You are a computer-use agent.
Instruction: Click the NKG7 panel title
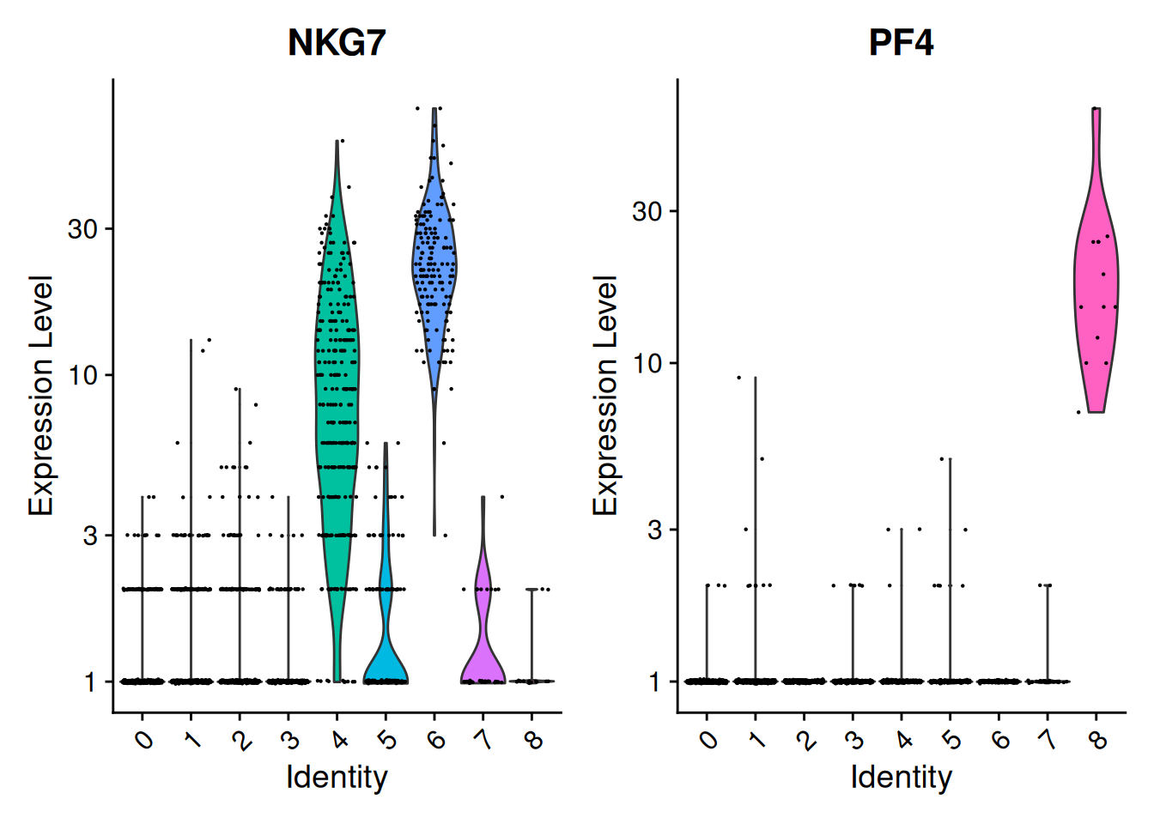[337, 43]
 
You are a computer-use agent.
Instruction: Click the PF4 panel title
[901, 43]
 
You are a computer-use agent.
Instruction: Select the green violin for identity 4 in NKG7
[337, 386]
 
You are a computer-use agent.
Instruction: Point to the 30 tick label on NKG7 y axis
[83, 229]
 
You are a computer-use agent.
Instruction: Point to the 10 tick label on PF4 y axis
[647, 363]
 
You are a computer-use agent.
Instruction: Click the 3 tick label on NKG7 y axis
[90, 536]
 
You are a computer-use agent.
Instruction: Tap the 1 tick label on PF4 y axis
[654, 682]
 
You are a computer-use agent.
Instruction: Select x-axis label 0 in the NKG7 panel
[144, 739]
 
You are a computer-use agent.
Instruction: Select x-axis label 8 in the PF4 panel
[1099, 739]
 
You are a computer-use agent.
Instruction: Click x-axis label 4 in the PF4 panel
[904, 739]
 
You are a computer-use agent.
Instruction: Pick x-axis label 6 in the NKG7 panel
[437, 739]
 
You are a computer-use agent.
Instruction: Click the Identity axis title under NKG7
[337, 778]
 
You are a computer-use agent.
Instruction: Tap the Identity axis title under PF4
[901, 778]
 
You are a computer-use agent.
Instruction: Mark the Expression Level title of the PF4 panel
[605, 396]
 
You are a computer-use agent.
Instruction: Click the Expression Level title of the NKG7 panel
[40, 396]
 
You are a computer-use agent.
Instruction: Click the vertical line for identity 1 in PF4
[756, 515]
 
